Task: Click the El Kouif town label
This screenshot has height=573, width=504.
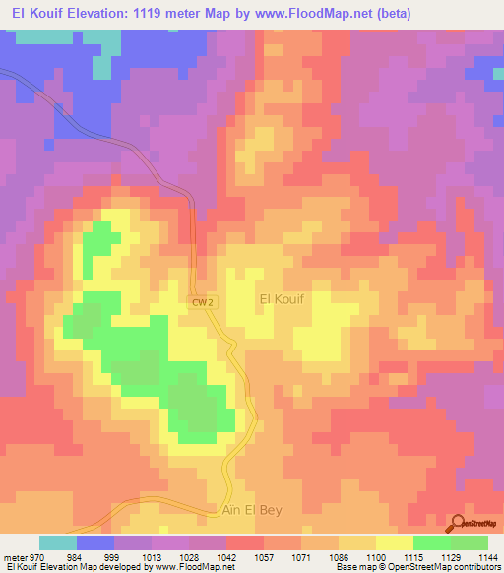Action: (x=285, y=298)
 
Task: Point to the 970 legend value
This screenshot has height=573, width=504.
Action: (x=39, y=556)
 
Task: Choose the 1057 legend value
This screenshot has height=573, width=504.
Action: (x=263, y=556)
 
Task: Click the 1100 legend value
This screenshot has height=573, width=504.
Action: (x=375, y=556)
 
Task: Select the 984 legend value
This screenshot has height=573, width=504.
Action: (x=77, y=556)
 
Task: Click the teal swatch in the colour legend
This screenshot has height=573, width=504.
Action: (x=58, y=542)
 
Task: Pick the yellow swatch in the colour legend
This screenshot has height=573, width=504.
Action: (x=394, y=542)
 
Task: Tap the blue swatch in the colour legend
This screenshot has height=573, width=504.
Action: (x=95, y=542)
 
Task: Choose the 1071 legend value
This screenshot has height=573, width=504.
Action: (x=300, y=556)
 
